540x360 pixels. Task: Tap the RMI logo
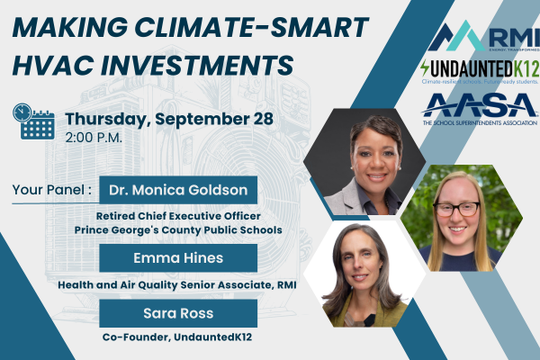click(483, 37)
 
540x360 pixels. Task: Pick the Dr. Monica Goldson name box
click(178, 190)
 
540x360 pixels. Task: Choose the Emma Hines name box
click(178, 258)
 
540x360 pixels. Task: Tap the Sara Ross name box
click(178, 312)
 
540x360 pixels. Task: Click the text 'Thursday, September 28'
click(160, 118)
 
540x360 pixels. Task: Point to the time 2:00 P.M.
click(94, 139)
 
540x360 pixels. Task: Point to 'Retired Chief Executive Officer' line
click(178, 217)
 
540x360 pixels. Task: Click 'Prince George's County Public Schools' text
click(178, 230)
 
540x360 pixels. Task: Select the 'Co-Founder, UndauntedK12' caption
click(178, 339)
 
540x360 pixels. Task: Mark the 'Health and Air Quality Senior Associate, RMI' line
click(178, 285)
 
